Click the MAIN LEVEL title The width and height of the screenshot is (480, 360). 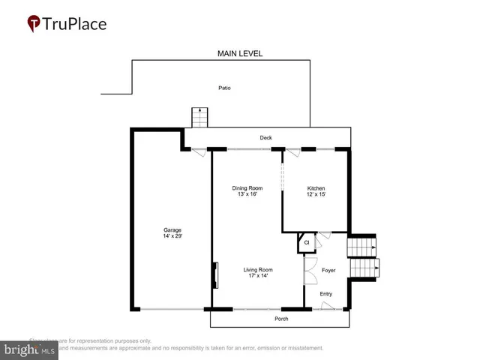click(240, 53)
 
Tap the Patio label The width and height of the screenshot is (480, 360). click(225, 88)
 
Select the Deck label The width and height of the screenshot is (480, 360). click(265, 138)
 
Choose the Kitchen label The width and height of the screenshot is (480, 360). click(316, 188)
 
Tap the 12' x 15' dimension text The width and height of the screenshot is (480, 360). click(316, 194)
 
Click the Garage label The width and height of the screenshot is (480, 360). click(172, 230)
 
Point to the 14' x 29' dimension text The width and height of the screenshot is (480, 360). click(172, 236)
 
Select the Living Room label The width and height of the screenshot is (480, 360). click(257, 269)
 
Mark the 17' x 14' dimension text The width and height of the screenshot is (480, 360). click(257, 275)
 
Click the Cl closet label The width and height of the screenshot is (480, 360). click(306, 242)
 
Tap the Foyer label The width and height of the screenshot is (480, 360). click(328, 269)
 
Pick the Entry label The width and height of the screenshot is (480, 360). click(325, 294)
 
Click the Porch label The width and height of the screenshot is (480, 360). click(280, 319)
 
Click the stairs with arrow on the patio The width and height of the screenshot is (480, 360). click(199, 118)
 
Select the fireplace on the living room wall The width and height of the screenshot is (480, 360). click(215, 275)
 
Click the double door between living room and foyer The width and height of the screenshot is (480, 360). click(307, 271)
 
